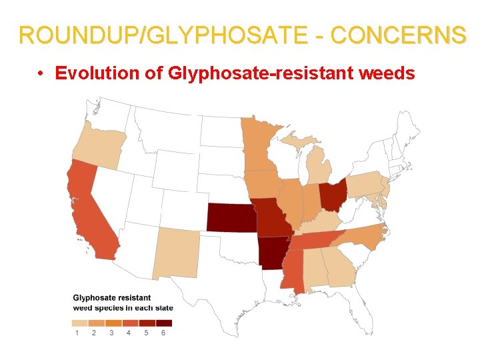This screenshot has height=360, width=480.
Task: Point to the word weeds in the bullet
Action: [x=387, y=73]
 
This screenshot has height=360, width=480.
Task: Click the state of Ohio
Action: [x=333, y=193]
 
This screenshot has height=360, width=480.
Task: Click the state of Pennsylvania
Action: [x=364, y=185]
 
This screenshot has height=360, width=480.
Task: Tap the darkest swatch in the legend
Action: [x=164, y=323]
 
